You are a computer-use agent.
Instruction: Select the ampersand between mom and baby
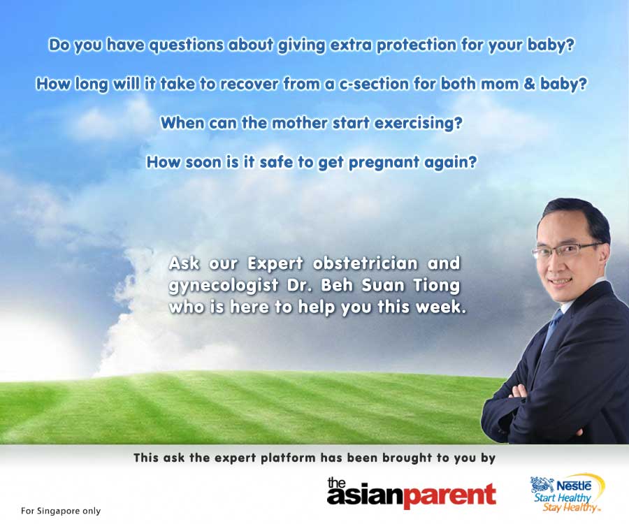530,84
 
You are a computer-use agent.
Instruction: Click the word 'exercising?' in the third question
418,124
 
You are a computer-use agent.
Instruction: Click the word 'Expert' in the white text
275,264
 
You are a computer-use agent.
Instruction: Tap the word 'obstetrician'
365,263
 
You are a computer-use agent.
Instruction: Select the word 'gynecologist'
224,286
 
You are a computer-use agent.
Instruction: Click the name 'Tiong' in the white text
436,286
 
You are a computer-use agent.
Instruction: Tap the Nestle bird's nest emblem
542,484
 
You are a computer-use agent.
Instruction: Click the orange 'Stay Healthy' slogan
570,507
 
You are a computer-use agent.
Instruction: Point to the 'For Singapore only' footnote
61,511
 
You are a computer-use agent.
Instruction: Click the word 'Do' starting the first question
59,45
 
